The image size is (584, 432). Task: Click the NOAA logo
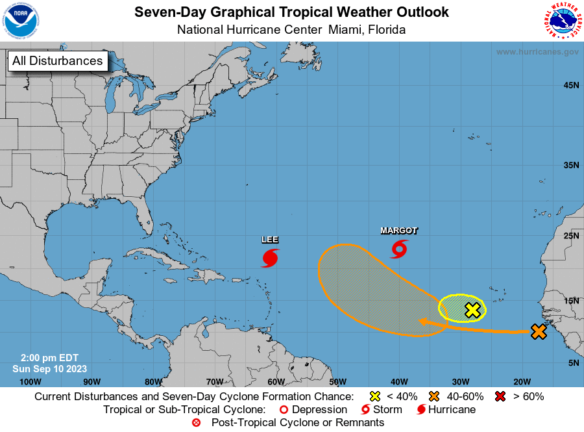pos(21,20)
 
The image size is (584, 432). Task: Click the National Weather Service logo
pos(562,21)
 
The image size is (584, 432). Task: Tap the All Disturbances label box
pos(57,61)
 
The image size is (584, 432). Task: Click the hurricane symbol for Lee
pos(270,258)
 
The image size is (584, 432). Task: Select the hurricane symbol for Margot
pos(399,249)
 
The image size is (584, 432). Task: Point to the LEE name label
pos(270,239)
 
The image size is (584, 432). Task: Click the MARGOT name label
pos(398,231)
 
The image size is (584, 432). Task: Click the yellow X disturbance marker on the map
pos(473,310)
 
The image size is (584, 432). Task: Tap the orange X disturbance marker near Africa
pos(538,331)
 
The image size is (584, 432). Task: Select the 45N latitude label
pos(570,85)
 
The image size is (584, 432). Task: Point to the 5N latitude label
pos(573,362)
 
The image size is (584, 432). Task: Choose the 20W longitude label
pos(522,381)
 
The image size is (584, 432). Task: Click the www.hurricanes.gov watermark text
pos(537,52)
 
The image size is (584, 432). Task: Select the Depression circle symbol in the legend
pos(283,410)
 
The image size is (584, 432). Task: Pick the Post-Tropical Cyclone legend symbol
pos(196,423)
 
